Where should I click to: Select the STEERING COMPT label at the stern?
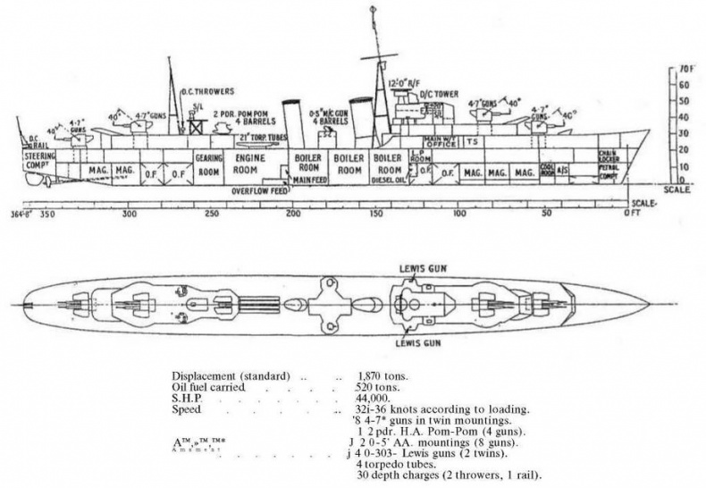[x=39, y=159]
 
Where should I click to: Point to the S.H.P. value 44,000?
[x=374, y=399]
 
